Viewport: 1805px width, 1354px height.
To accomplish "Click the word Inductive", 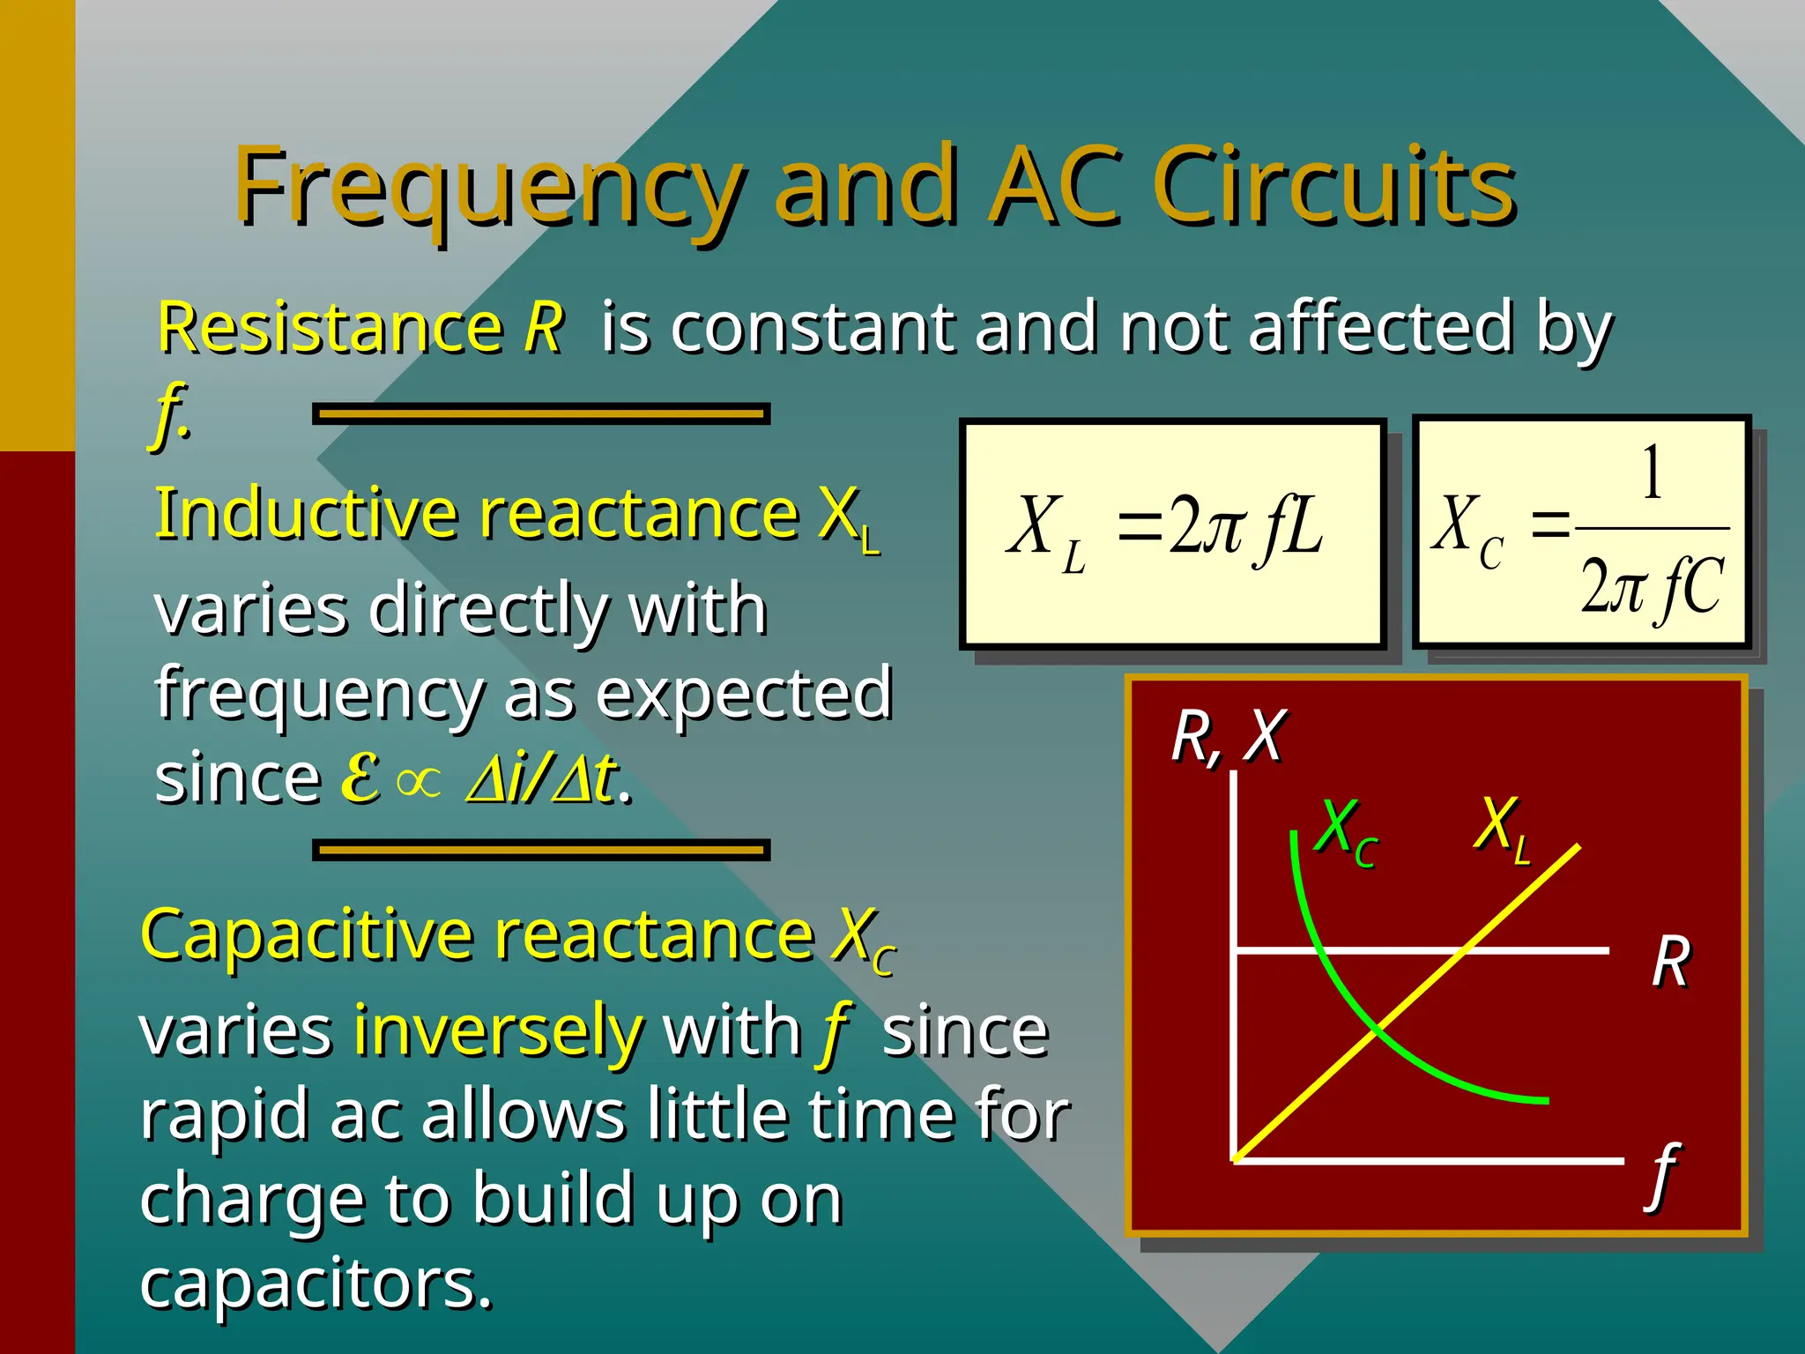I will coord(304,513).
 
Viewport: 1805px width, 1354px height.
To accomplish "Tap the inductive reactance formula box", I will coord(1172,534).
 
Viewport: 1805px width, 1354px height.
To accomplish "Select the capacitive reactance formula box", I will coord(1581,532).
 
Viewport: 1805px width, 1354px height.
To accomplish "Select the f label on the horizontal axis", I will coord(1664,1174).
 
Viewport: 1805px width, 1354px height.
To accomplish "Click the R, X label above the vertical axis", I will coord(1229,736).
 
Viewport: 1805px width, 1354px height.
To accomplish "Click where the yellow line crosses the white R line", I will coord(1464,950).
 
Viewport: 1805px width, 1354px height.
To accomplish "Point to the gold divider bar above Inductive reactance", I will coord(541,413).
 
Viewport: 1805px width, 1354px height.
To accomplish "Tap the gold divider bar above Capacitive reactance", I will coord(541,850).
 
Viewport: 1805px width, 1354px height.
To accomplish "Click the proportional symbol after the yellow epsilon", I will coord(418,781).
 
